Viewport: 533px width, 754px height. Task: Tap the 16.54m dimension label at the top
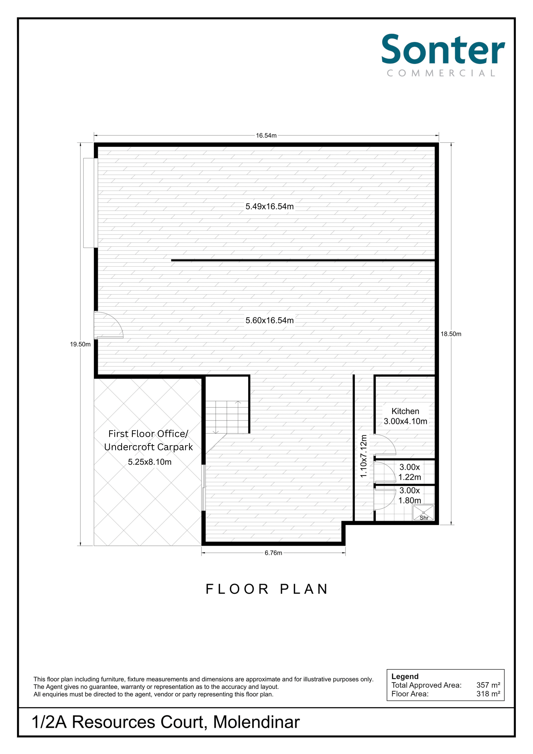[x=266, y=135]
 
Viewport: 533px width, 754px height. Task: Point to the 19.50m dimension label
[x=80, y=344]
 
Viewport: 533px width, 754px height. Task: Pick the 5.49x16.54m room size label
[x=269, y=206]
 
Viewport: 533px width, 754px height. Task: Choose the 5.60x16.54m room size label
[x=269, y=320]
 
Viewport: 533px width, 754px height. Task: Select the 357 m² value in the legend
[x=488, y=685]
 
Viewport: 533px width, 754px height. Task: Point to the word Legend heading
[x=405, y=676]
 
